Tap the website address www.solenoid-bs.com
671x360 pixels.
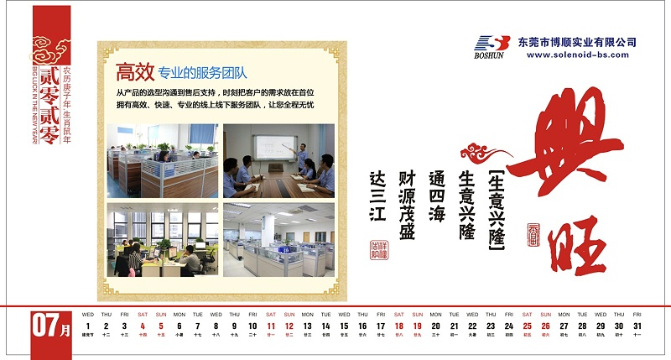(x=577, y=55)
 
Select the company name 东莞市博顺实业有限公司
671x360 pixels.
(x=577, y=41)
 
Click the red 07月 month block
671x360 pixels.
(x=52, y=326)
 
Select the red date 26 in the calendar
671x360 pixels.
(x=545, y=326)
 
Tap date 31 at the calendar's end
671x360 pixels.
(x=637, y=326)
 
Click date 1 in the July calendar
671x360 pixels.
(x=87, y=326)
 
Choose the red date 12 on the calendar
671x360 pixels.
(x=289, y=326)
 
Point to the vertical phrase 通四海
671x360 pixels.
(x=436, y=196)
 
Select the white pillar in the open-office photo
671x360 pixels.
(x=268, y=228)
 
